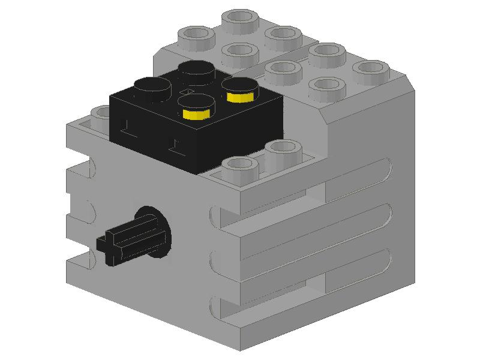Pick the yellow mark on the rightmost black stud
click(x=242, y=96)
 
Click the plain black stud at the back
click(x=197, y=70)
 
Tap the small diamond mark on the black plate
click(x=188, y=91)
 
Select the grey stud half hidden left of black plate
click(x=101, y=113)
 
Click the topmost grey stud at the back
click(x=240, y=18)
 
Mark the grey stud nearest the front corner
click(x=239, y=167)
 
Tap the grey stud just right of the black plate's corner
click(x=283, y=149)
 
